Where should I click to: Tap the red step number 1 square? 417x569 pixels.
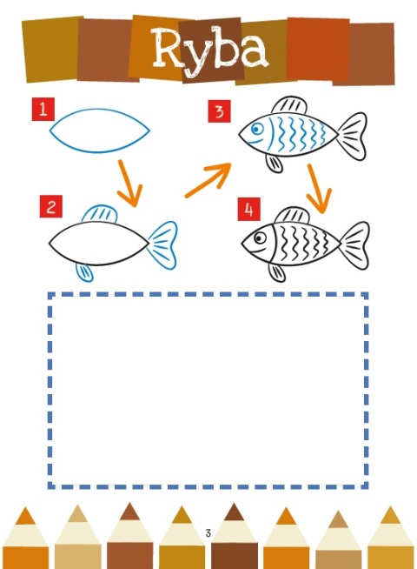(x=43, y=109)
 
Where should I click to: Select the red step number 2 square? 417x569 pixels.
(x=51, y=206)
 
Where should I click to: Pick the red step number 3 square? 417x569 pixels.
(x=219, y=111)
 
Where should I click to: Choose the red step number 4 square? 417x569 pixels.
(x=248, y=209)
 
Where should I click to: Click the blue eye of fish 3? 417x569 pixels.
(x=257, y=129)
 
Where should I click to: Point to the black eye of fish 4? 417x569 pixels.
(x=260, y=238)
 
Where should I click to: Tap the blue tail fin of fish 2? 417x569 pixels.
(x=163, y=245)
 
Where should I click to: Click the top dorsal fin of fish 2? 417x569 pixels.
(x=100, y=213)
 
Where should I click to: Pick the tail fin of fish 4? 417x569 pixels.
(x=356, y=245)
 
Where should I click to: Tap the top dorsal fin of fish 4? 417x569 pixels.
(x=292, y=215)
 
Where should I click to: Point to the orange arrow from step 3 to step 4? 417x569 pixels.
(x=319, y=189)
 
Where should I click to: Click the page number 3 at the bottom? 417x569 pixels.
(x=208, y=533)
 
